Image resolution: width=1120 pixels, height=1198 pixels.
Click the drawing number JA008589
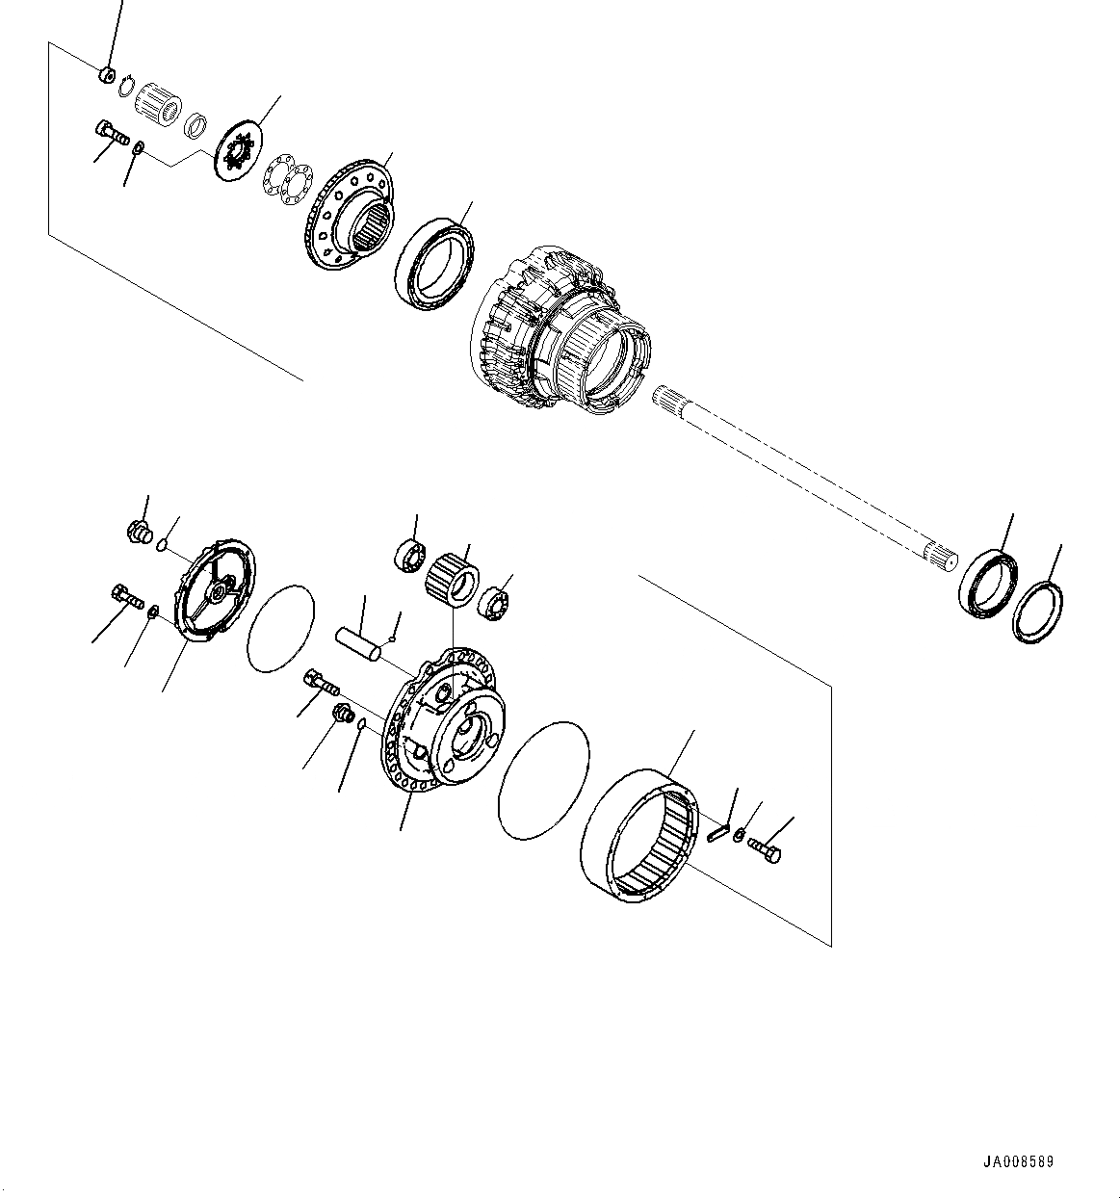(x=1018, y=1161)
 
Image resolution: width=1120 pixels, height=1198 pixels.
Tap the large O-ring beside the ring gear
(x=544, y=778)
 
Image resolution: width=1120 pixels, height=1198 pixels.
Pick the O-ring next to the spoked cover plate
(x=281, y=627)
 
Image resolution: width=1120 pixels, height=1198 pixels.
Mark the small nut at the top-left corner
(x=108, y=75)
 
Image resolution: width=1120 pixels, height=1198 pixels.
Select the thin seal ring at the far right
(x=1038, y=612)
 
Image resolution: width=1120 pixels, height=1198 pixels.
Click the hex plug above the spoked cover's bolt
(x=140, y=531)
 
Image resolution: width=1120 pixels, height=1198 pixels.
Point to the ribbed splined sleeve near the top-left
(x=158, y=100)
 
